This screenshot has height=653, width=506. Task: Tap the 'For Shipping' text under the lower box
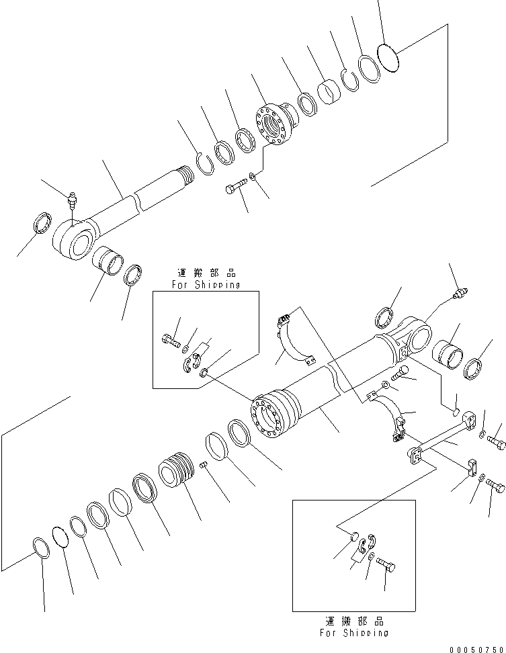(x=354, y=632)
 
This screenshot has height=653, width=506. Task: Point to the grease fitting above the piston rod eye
(x=73, y=200)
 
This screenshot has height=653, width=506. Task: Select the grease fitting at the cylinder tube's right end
(x=460, y=294)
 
